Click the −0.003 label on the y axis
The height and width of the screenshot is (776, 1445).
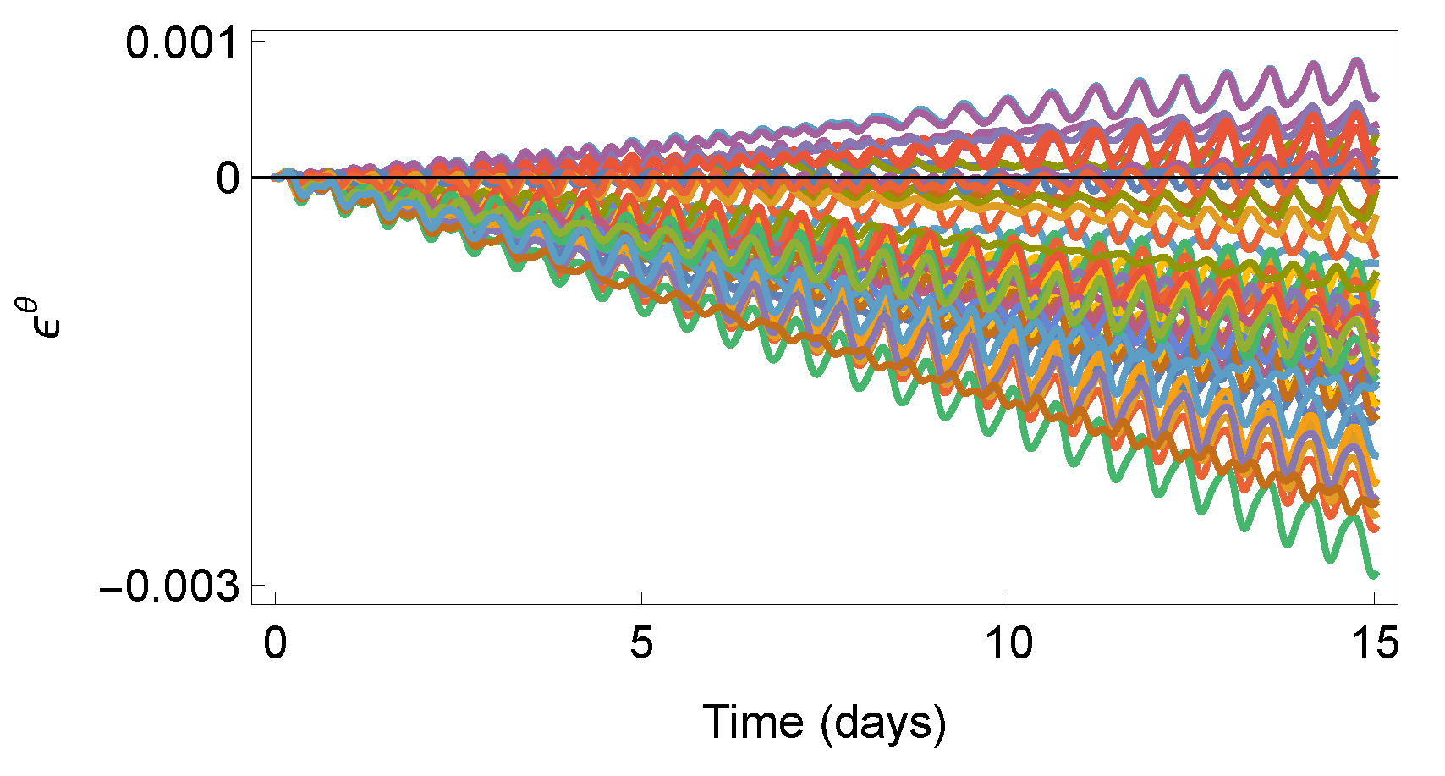pyautogui.click(x=169, y=586)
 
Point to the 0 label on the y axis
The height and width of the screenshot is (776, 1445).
pyautogui.click(x=228, y=179)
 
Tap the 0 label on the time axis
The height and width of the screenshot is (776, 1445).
pyautogui.click(x=276, y=645)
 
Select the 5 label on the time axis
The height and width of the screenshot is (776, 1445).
pyautogui.click(x=642, y=645)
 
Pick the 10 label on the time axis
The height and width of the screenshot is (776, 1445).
pyautogui.click(x=1008, y=645)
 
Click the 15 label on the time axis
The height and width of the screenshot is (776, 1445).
pyautogui.click(x=1374, y=645)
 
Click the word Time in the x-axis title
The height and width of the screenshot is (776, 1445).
pyautogui.click(x=753, y=722)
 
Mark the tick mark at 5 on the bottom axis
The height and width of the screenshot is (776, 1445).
pyautogui.click(x=642, y=598)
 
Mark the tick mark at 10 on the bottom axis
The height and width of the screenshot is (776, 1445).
pyautogui.click(x=1008, y=598)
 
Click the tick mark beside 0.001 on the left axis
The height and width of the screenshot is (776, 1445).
pyautogui.click(x=258, y=41)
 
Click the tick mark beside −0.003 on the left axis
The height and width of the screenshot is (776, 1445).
pyautogui.click(x=258, y=585)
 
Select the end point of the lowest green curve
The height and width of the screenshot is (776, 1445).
pyautogui.click(x=1375, y=575)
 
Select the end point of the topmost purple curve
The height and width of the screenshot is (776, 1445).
pyautogui.click(x=1376, y=97)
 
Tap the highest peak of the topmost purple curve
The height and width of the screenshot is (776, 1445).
pyautogui.click(x=1357, y=60)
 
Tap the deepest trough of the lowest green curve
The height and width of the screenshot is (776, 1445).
pyautogui.click(x=1330, y=559)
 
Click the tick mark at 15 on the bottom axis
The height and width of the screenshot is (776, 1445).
pyautogui.click(x=1375, y=598)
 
